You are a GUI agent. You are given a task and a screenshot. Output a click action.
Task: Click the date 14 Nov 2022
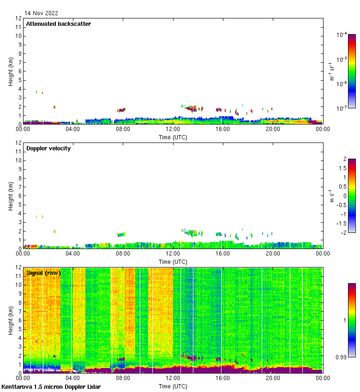pos(42,13)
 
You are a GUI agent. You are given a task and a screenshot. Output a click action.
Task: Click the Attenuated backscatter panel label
pos(58,24)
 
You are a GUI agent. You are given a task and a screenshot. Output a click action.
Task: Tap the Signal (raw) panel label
pos(43,273)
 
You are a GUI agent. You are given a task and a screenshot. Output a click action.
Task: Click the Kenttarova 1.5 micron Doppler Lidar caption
pos(51,386)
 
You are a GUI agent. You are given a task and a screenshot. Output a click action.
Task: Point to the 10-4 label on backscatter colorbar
pos(342,35)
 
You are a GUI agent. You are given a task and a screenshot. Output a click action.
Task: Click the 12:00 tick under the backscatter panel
pos(173,130)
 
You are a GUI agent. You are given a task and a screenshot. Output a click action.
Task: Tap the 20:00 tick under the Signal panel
pos(273,379)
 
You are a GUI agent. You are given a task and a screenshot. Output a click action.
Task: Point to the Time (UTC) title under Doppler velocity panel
pos(173,261)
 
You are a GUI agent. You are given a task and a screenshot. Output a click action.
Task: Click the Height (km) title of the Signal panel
pos(10,320)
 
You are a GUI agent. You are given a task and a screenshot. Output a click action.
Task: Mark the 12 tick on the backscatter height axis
pos(19,18)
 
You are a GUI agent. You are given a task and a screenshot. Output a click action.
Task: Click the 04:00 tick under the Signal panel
pos(73,379)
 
